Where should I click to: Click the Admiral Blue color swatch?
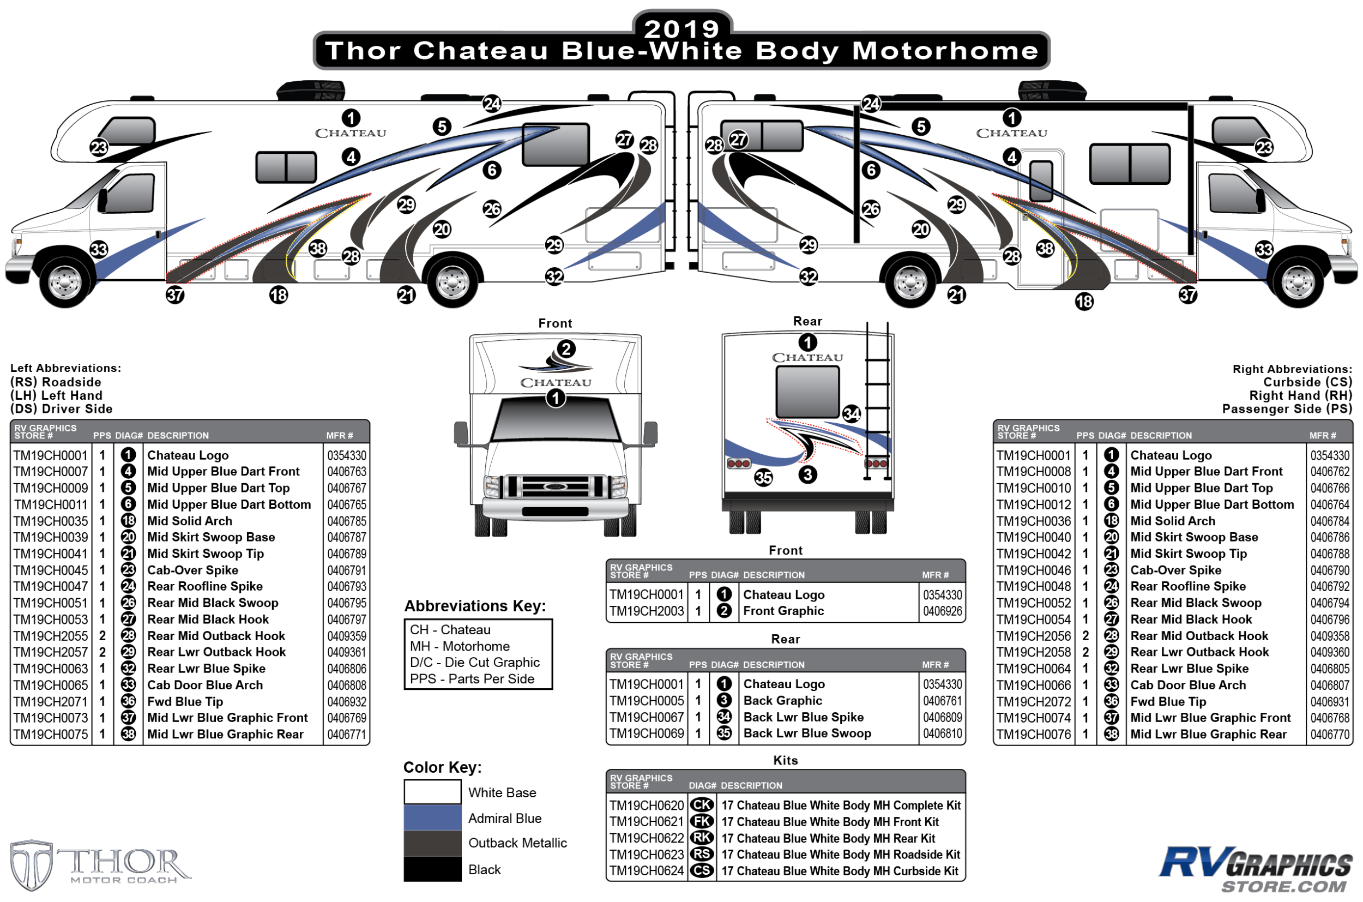point(432,817)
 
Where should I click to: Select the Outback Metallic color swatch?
point(432,843)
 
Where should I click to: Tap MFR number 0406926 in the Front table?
point(942,611)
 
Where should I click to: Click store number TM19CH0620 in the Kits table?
point(647,805)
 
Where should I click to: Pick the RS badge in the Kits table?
point(702,854)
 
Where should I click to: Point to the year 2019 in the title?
point(681,29)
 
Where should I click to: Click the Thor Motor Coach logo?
point(101,864)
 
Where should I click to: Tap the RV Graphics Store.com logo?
point(1255,869)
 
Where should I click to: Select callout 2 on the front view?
point(566,348)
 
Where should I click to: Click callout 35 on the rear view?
point(763,478)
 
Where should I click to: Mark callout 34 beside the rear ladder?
point(851,413)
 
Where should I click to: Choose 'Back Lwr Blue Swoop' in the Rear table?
point(807,733)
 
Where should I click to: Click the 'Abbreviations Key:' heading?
point(474,606)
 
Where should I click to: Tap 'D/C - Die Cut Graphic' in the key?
point(474,662)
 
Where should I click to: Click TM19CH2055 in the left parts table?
point(51,636)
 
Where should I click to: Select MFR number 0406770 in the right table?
point(1330,735)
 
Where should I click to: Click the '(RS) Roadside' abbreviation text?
point(56,382)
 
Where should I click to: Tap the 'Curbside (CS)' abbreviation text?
point(1307,382)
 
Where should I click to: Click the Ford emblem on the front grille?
point(554,486)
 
